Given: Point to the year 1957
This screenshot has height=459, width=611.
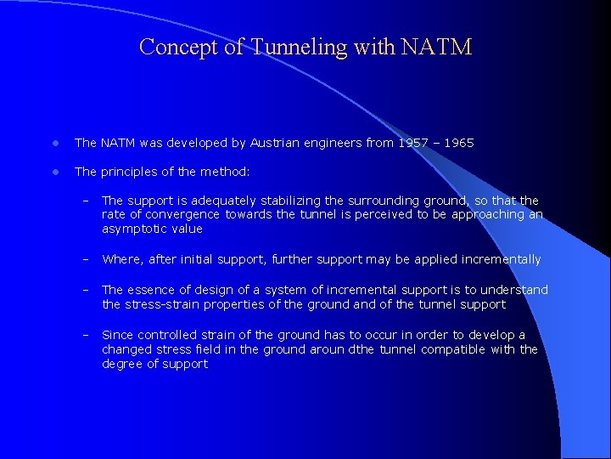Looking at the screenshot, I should pyautogui.click(x=415, y=143).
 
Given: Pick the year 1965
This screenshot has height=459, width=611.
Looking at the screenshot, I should pyautogui.click(x=458, y=143).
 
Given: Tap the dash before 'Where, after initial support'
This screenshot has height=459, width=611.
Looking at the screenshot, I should pyautogui.click(x=86, y=259).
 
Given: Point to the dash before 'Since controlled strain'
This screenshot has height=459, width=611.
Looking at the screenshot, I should pyautogui.click(x=86, y=335).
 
